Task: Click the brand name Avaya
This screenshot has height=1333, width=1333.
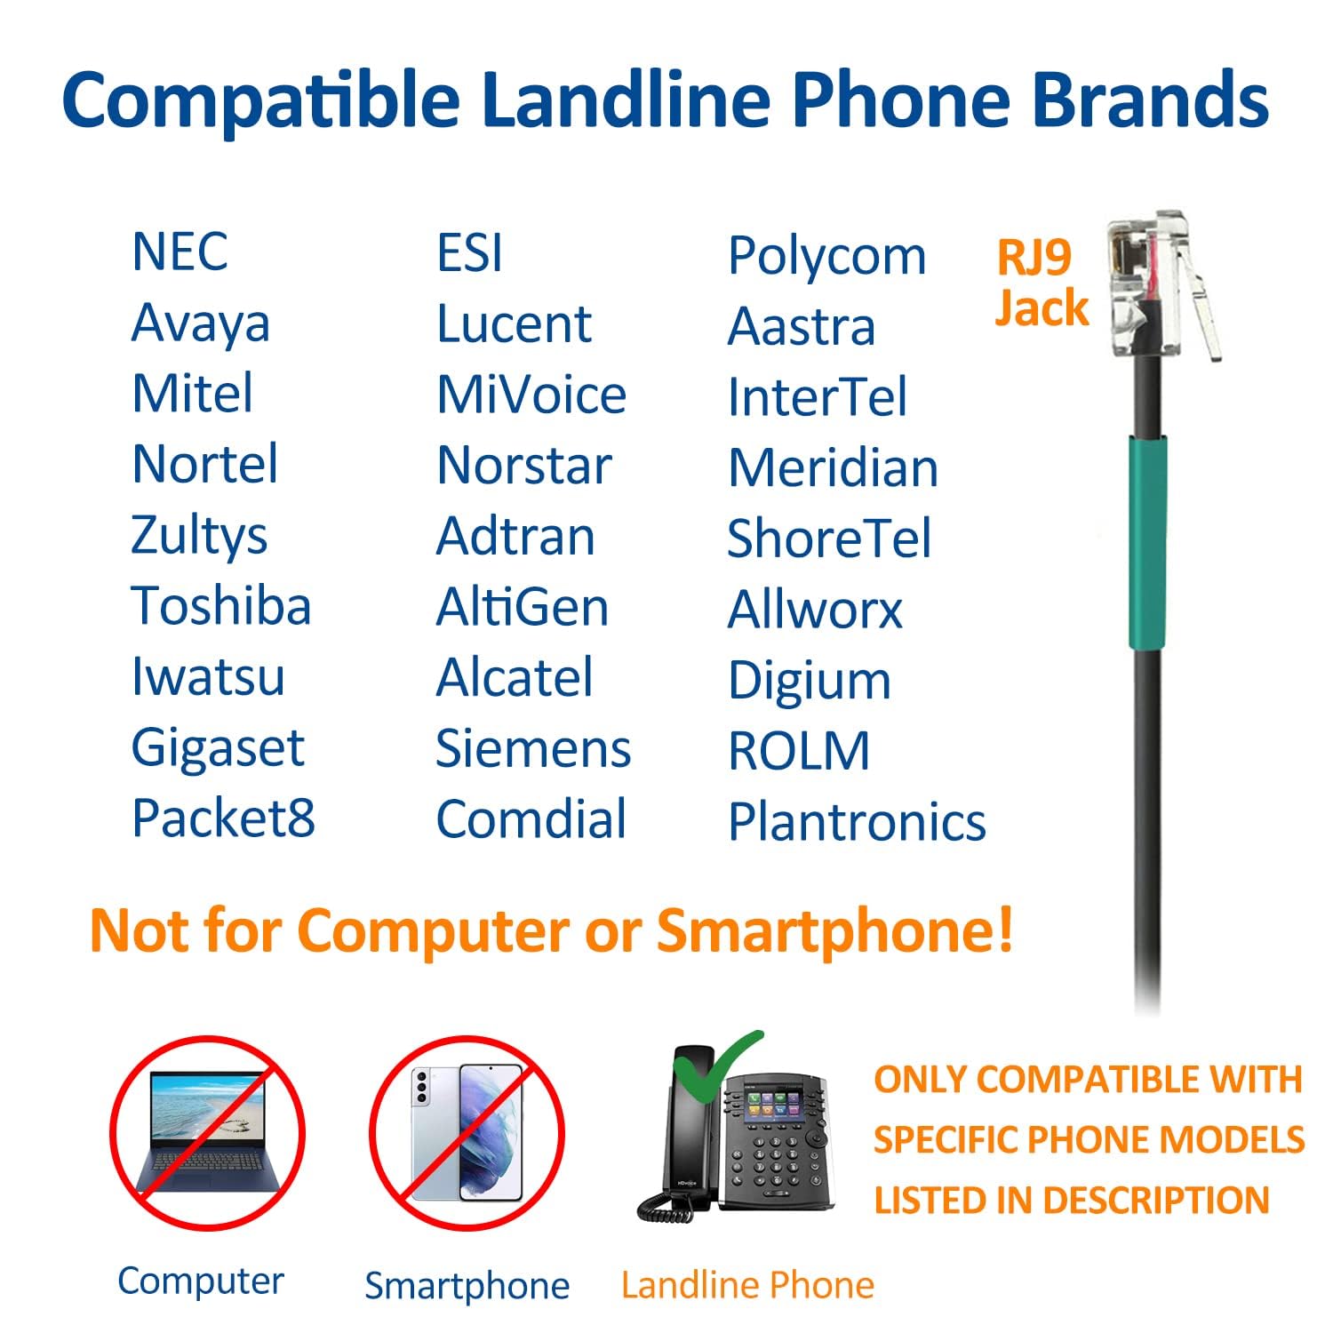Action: (x=200, y=324)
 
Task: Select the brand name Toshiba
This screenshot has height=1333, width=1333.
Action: (x=221, y=606)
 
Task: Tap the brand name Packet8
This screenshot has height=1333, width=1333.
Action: (x=223, y=818)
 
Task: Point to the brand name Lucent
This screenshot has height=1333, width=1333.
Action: (x=514, y=323)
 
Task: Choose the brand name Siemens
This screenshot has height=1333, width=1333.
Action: (x=533, y=748)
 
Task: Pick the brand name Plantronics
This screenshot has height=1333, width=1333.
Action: (x=857, y=821)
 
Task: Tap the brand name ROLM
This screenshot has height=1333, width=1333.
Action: (x=799, y=751)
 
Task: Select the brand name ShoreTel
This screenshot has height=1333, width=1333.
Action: (x=829, y=539)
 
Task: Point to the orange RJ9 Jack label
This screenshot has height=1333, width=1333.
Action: (x=1041, y=283)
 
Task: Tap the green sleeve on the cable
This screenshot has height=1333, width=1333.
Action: (x=1146, y=541)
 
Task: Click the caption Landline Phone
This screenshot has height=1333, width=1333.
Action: (x=747, y=1285)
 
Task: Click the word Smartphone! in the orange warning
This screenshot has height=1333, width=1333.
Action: (x=834, y=930)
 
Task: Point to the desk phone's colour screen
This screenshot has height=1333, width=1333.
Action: (x=774, y=1105)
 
